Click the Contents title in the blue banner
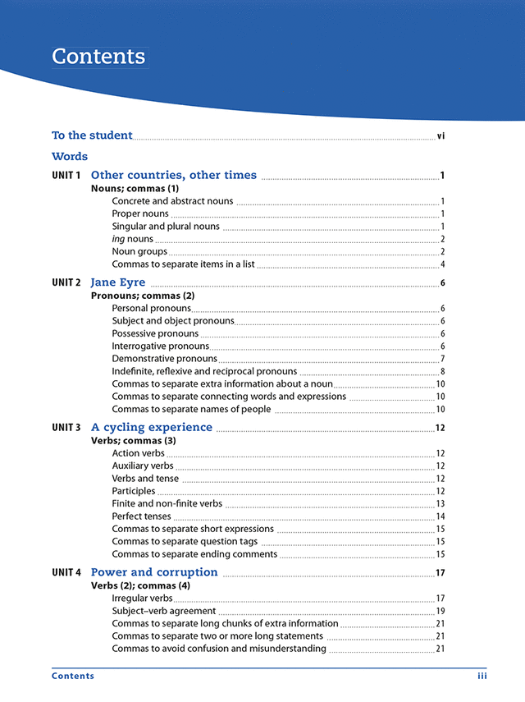click(98, 57)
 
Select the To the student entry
click(92, 135)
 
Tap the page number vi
click(441, 136)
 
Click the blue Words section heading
click(70, 156)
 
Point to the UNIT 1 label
click(66, 176)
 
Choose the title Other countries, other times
click(173, 175)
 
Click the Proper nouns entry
click(140, 214)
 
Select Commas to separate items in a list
click(183, 264)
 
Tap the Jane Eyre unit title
click(118, 282)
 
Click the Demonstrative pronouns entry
click(164, 359)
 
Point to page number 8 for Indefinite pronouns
click(442, 372)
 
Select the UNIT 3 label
click(66, 428)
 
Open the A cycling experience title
click(152, 428)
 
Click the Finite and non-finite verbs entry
click(167, 504)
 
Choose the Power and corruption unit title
click(154, 572)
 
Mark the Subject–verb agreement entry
click(163, 611)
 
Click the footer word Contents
click(73, 677)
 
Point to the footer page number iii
click(482, 677)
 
